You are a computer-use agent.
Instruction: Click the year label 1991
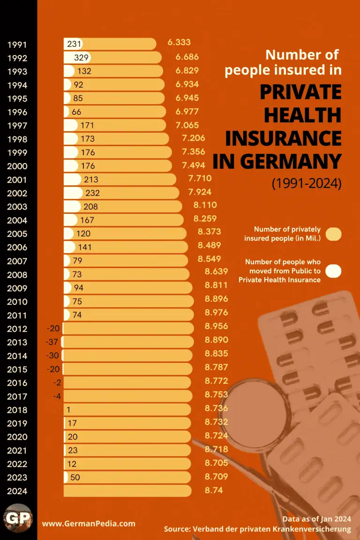click(x=17, y=45)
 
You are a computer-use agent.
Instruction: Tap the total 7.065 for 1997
click(x=187, y=125)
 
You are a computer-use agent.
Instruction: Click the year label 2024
click(x=17, y=491)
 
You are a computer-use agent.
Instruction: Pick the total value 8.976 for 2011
click(x=216, y=312)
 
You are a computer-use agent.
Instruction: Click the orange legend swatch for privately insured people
click(x=334, y=234)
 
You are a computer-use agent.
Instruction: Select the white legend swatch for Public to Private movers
click(x=334, y=271)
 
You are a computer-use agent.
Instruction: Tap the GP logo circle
click(x=18, y=519)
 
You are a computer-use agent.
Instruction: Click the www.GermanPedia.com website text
click(x=89, y=524)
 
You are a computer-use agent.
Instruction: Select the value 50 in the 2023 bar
click(x=75, y=477)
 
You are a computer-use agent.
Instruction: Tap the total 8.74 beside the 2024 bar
click(x=214, y=490)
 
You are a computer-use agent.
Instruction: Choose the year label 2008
click(x=17, y=275)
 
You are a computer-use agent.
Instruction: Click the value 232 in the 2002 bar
click(x=92, y=193)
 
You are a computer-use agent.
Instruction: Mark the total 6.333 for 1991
click(x=179, y=42)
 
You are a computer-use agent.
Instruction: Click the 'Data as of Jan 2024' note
click(x=316, y=519)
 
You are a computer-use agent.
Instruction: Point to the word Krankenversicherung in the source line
click(x=310, y=529)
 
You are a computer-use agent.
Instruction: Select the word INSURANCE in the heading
click(x=284, y=138)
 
